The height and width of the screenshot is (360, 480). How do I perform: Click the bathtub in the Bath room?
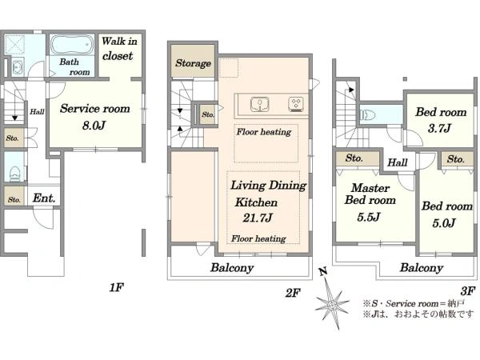point(72,45)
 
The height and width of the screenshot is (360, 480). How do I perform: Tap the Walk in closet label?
point(119,48)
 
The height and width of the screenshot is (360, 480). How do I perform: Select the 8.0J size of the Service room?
point(94,126)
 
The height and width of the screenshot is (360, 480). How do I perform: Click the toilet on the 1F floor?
point(14,174)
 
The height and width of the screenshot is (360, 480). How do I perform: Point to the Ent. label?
point(44,198)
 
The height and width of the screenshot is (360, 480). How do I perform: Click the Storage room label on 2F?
point(193,63)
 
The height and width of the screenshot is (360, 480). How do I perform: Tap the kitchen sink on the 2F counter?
point(259,104)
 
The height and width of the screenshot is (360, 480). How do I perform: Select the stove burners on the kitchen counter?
point(296,104)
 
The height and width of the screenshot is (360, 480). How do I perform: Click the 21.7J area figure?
point(258,218)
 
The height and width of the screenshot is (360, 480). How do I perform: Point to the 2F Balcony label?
point(232,268)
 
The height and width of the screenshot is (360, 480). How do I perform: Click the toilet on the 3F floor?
point(367,115)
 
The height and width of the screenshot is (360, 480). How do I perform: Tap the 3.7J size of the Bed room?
point(439,128)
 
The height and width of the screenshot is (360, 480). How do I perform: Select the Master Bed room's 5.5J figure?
point(369,217)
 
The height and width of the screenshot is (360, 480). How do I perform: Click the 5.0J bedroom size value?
point(444,223)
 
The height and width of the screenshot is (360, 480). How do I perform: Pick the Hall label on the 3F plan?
point(398,162)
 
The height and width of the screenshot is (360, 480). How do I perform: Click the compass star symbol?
point(332,304)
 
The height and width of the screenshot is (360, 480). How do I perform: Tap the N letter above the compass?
point(323,271)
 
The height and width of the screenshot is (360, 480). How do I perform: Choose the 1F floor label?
point(116,287)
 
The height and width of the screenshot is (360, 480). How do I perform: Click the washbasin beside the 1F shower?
point(18,66)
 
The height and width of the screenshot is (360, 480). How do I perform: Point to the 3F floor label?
point(468,290)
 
